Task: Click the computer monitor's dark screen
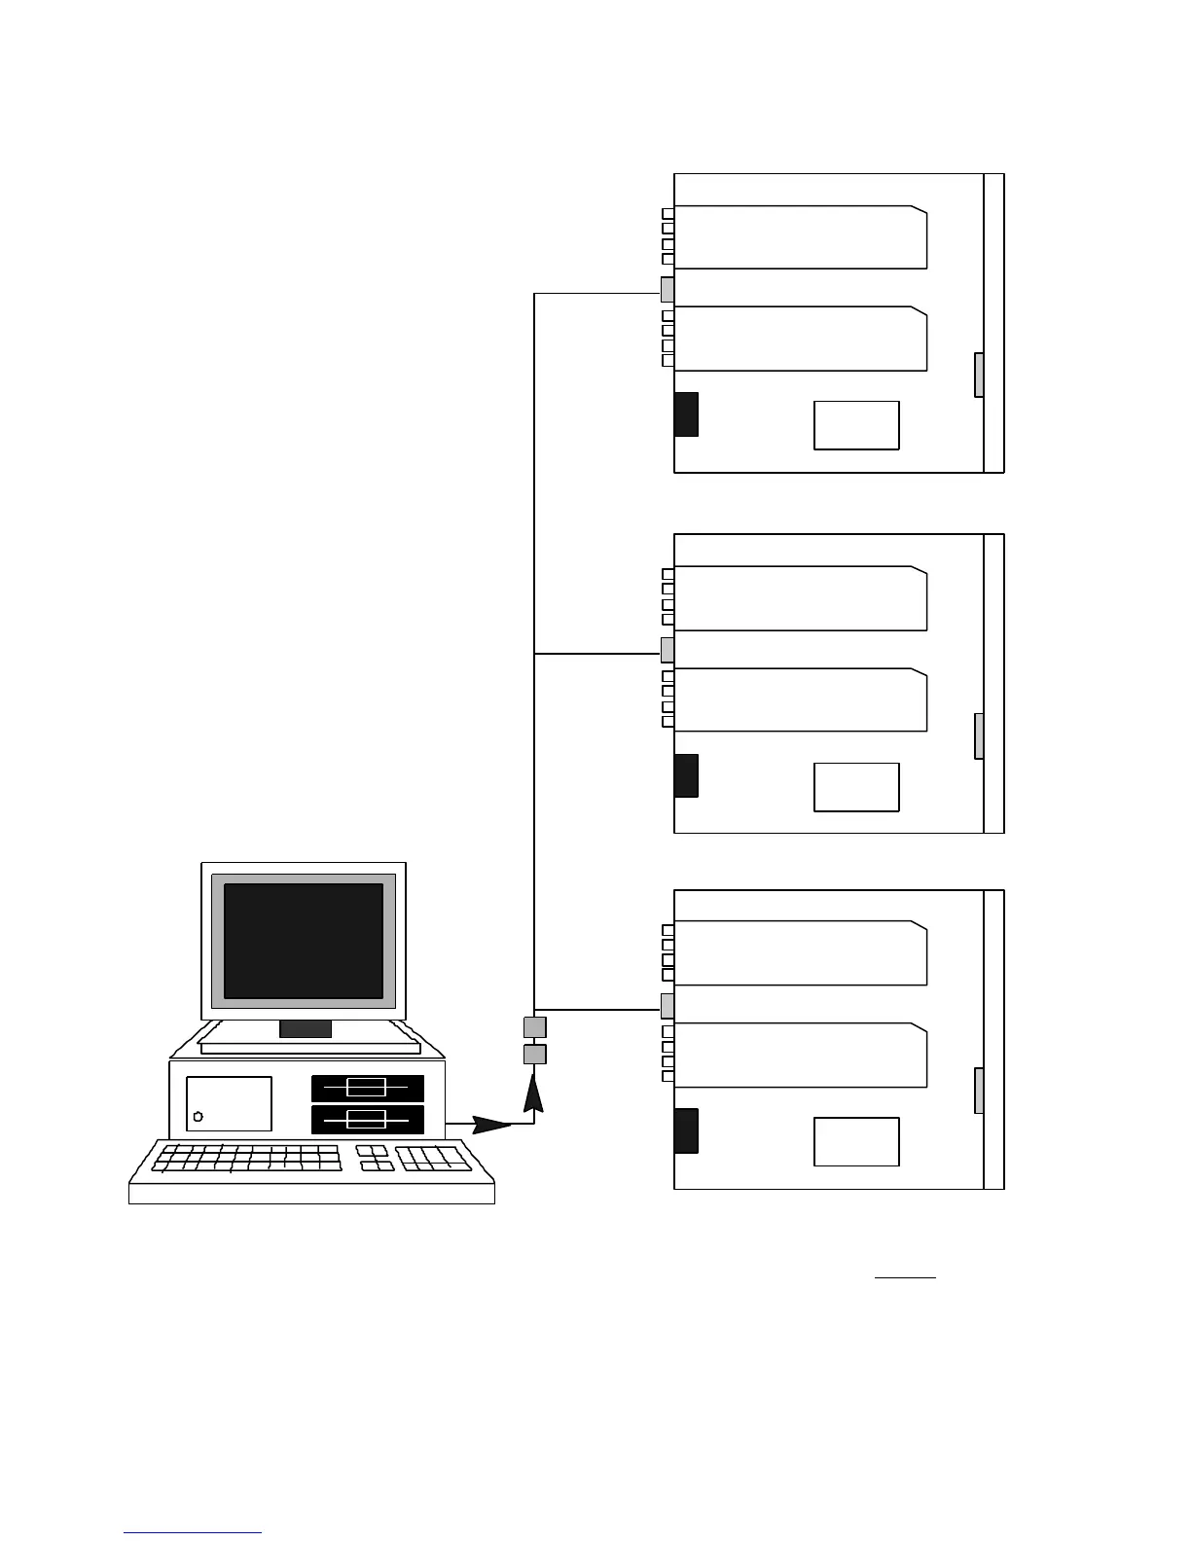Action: point(304,940)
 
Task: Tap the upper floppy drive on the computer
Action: point(367,1088)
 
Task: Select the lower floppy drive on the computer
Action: point(367,1119)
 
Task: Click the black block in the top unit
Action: point(686,413)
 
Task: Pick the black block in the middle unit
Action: point(686,775)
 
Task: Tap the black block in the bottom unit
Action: point(686,1130)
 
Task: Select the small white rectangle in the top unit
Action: point(856,425)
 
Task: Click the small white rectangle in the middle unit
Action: point(856,787)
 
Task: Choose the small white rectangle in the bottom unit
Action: point(856,1142)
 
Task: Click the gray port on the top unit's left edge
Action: point(668,290)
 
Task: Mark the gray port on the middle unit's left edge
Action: point(668,650)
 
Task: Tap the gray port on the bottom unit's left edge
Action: point(668,1006)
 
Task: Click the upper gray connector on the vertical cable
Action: point(534,1027)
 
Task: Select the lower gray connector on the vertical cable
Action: point(534,1055)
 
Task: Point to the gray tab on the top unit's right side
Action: point(979,375)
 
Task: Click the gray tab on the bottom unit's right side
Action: point(979,1091)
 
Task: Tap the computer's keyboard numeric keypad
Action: point(434,1159)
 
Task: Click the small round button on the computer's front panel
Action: point(198,1116)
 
